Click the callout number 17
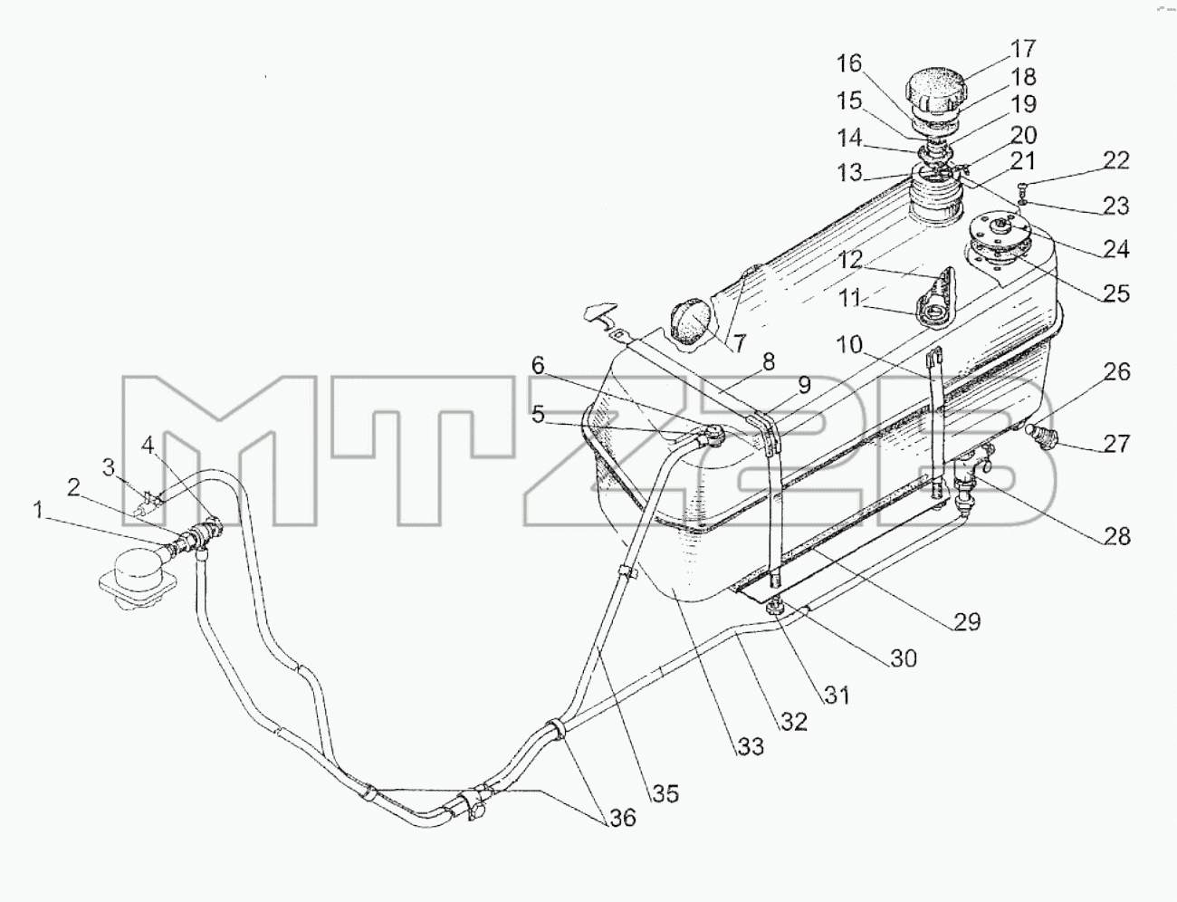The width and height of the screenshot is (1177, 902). (1022, 49)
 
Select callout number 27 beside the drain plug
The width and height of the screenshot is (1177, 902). (1115, 444)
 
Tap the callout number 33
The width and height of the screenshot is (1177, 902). (749, 746)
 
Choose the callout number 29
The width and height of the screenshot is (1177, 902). (967, 621)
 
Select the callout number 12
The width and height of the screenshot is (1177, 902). (849, 261)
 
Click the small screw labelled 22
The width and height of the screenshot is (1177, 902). (1021, 188)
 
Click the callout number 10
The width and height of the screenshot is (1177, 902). (848, 344)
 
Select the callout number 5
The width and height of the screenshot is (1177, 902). (538, 415)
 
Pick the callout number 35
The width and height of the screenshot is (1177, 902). (665, 794)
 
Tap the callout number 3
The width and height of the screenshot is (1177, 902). (110, 467)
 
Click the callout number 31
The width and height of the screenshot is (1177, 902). (837, 695)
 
